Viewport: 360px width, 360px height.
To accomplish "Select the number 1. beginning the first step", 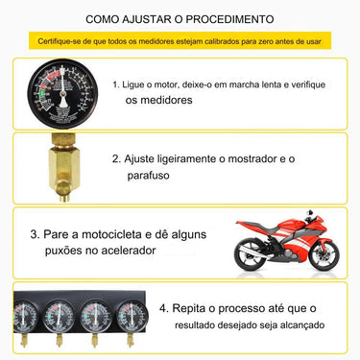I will click(116, 84).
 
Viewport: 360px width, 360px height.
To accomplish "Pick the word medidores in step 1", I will click(159, 100).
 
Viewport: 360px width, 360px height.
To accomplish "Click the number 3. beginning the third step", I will click(34, 233).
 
